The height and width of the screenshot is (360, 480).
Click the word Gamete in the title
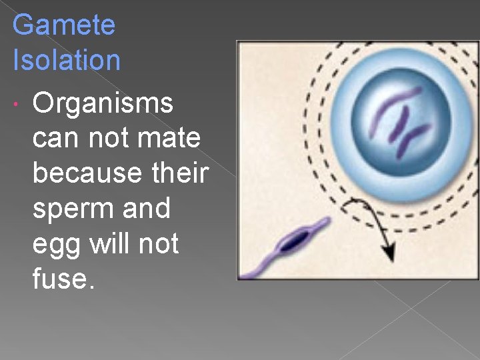[64, 26]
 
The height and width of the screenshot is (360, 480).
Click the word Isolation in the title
[67, 60]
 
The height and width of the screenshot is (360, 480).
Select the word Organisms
[103, 104]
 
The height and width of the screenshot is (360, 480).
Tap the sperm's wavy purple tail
[257, 267]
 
